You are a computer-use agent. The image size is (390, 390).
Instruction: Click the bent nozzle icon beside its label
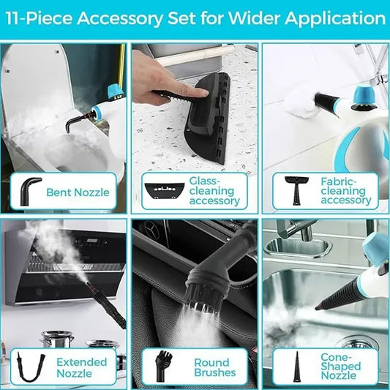(30, 190)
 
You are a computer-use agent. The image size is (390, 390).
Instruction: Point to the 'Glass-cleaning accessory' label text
(214, 190)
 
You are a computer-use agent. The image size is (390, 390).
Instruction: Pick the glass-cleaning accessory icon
(161, 189)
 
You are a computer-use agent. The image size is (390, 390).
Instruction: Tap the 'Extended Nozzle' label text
(81, 368)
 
